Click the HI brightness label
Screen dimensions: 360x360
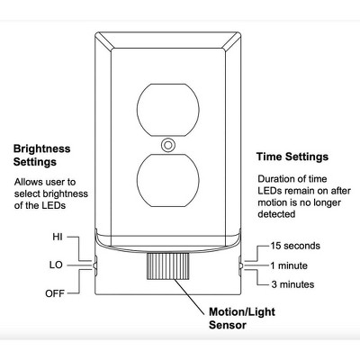[58, 237]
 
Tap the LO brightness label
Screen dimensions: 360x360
[56, 265]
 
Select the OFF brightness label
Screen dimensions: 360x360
[55, 293]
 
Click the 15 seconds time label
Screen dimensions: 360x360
[295, 246]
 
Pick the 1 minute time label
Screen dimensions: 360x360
[289, 265]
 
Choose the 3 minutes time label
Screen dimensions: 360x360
[292, 284]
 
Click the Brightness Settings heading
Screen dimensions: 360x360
[41, 155]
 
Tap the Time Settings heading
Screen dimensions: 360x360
[292, 157]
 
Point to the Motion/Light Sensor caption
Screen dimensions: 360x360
[242, 319]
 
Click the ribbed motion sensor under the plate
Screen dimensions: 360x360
[167, 266]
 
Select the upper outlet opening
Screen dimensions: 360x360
[168, 110]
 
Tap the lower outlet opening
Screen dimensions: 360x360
[168, 180]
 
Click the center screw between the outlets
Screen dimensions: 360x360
[168, 145]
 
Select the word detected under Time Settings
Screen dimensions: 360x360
[276, 214]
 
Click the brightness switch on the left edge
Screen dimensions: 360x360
[95, 265]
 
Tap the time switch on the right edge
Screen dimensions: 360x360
[240, 265]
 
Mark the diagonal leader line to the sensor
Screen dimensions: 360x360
[190, 297]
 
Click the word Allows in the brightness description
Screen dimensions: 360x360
[29, 182]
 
